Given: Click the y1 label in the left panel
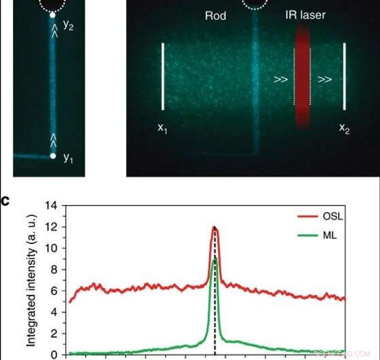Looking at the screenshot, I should (x=68, y=158).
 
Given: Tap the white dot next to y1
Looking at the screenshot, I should (x=53, y=157).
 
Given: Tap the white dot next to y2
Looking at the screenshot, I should (x=52, y=14).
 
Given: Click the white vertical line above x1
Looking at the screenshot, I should (x=163, y=76).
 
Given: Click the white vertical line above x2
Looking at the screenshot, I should (x=345, y=76).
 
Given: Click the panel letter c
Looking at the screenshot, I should (x=5, y=199).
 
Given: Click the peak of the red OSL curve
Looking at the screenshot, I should (x=214, y=228).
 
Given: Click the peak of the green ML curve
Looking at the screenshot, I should (x=214, y=259).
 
